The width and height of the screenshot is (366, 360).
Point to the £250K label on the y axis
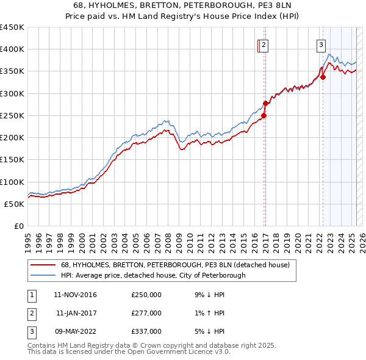12,115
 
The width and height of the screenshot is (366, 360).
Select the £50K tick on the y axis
15,204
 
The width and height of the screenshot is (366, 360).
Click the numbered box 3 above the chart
321,44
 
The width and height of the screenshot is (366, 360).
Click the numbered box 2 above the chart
264,44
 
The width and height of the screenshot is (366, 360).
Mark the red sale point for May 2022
323,77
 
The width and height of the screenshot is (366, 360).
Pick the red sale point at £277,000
266,103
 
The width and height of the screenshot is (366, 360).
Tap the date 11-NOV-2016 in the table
76,295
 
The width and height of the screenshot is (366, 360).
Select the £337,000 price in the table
146,331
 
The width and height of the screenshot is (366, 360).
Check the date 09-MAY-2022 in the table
76,331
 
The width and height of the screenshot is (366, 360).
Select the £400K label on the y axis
12,49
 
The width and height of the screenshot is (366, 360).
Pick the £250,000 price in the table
146,295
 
